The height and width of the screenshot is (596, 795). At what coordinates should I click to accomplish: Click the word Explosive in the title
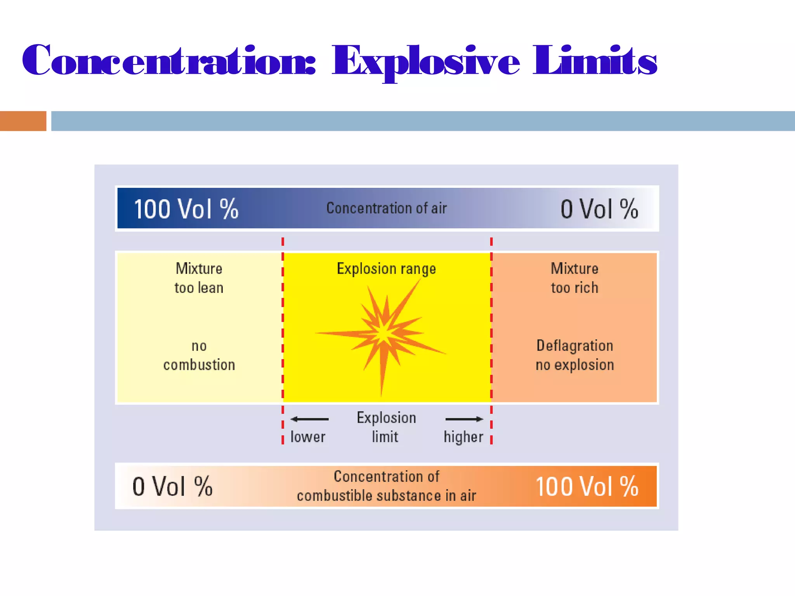pos(425,61)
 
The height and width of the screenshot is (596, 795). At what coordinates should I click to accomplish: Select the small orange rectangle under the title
pos(23,121)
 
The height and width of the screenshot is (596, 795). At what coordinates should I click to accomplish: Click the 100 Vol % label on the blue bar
pos(186,209)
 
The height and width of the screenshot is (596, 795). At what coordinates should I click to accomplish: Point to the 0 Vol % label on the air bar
pos(599,209)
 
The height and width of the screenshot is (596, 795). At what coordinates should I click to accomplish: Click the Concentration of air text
pos(387,208)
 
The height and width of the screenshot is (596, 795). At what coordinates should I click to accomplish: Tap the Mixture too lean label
pos(199,278)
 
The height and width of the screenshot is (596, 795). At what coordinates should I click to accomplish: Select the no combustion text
pos(199,355)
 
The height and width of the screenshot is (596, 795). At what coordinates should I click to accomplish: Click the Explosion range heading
pos(386,269)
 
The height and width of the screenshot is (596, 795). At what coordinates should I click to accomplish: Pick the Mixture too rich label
pos(575,278)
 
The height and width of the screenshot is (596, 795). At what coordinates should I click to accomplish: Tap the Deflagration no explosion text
pos(575,355)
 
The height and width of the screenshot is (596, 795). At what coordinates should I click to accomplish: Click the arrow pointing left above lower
pos(309,419)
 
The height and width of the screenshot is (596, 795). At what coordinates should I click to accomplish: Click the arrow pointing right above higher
pos(464,419)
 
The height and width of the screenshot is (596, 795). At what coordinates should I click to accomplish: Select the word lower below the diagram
pos(308,437)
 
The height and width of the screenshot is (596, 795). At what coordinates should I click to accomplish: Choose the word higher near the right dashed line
pos(463,437)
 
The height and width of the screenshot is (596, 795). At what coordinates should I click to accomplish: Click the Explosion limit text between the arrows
pos(386,427)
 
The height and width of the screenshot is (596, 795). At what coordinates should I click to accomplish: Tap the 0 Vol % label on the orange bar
pos(172,487)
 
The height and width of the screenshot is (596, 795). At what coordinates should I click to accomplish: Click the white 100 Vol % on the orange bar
pos(587,487)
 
